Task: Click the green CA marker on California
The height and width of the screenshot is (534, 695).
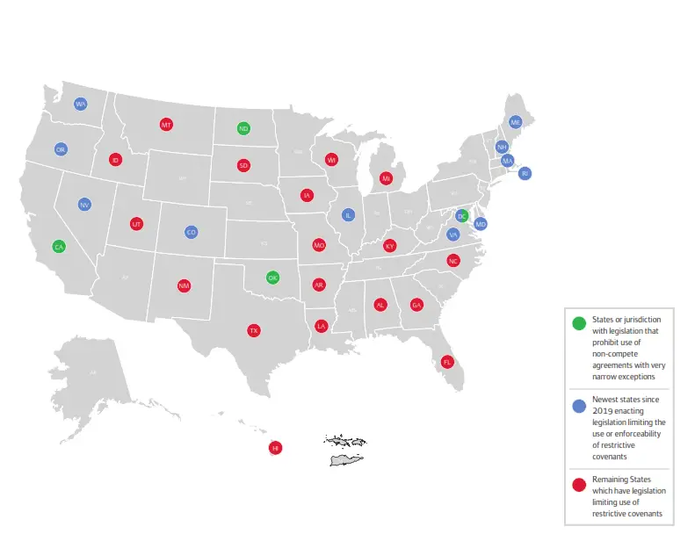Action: click(58, 247)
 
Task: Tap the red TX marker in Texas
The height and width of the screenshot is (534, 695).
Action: click(253, 331)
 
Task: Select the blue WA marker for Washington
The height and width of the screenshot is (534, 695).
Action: click(81, 104)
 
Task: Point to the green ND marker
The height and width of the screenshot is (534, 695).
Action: click(243, 128)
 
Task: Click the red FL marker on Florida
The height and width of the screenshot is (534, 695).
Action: click(447, 362)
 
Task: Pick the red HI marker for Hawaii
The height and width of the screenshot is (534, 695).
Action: click(275, 448)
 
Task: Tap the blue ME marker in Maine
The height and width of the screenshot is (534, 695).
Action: click(516, 122)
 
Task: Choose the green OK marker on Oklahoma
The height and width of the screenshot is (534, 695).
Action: click(273, 278)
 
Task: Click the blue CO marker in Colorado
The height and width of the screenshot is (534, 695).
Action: click(192, 232)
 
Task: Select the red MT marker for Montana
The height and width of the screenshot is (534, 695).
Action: click(166, 125)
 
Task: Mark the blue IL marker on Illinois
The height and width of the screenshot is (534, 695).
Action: click(348, 215)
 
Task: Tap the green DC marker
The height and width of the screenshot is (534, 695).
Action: click(462, 216)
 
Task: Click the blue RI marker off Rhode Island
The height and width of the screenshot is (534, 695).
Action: click(525, 174)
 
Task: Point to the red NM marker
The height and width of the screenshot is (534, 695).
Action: click(184, 285)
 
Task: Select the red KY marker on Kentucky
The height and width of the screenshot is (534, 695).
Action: click(390, 246)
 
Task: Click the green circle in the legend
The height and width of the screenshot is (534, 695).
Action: click(578, 323)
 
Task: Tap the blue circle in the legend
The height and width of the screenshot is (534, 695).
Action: click(578, 406)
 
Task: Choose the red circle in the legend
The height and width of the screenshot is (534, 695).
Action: click(578, 484)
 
